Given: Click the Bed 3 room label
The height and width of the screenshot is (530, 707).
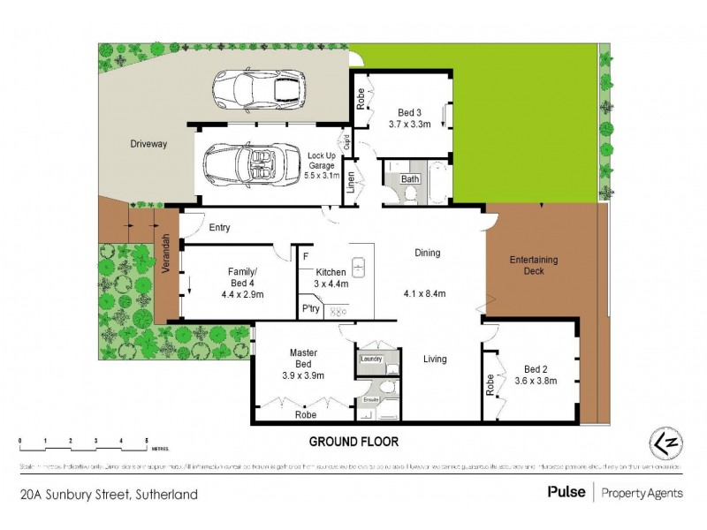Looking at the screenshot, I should coord(407,112).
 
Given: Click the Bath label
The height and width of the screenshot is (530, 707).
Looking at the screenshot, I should coord(410,178).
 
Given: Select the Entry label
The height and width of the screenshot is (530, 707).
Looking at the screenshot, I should coord(219,227).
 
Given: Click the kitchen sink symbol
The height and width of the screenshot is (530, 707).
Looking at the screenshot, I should coord(360,264).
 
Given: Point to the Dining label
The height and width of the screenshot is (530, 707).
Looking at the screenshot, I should coord(427,253).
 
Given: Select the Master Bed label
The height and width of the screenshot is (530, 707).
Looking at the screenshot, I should coord(303,358).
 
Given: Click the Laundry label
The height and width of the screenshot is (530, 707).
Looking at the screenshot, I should coord(370,359).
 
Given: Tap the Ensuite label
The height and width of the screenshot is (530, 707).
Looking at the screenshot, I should coord(370,399).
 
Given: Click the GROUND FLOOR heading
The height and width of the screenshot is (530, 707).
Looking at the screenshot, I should coord(353,441).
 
